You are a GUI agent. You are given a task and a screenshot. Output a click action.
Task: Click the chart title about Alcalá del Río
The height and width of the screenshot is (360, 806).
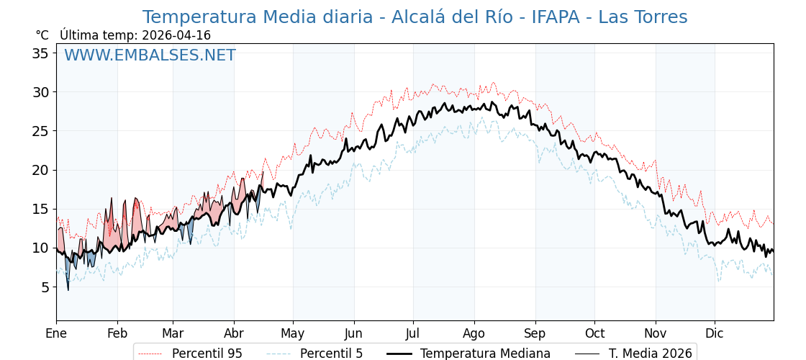415,17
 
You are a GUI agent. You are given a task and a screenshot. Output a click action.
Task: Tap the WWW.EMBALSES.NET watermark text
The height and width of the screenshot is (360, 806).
150,55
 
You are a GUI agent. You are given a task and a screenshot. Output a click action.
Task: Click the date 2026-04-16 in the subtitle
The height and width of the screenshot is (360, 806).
176,35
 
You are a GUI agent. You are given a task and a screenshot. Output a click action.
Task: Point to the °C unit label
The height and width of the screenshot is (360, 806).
42,35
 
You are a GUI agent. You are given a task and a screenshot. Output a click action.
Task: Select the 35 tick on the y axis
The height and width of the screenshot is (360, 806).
41,53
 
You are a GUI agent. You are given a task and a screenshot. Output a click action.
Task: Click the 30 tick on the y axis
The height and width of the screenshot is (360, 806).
41,92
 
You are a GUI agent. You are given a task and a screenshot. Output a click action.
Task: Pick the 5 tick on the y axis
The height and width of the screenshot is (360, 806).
45,287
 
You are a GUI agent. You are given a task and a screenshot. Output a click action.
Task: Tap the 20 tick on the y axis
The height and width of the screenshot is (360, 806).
41,170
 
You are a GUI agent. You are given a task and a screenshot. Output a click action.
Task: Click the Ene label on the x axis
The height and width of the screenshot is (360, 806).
56,333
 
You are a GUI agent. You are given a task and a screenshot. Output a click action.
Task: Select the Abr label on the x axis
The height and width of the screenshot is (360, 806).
234,333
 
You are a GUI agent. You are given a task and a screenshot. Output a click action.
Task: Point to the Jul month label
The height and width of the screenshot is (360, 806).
413,333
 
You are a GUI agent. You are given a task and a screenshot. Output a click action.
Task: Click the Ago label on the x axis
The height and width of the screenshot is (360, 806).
474,333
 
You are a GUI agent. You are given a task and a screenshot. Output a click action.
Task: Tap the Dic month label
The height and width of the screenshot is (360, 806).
715,333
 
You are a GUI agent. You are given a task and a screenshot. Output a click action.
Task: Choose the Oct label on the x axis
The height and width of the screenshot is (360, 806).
594,333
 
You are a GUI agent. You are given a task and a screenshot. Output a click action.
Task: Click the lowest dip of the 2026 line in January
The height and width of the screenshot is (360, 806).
68,289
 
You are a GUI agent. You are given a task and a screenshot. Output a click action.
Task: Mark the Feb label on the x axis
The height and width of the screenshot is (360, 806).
117,333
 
